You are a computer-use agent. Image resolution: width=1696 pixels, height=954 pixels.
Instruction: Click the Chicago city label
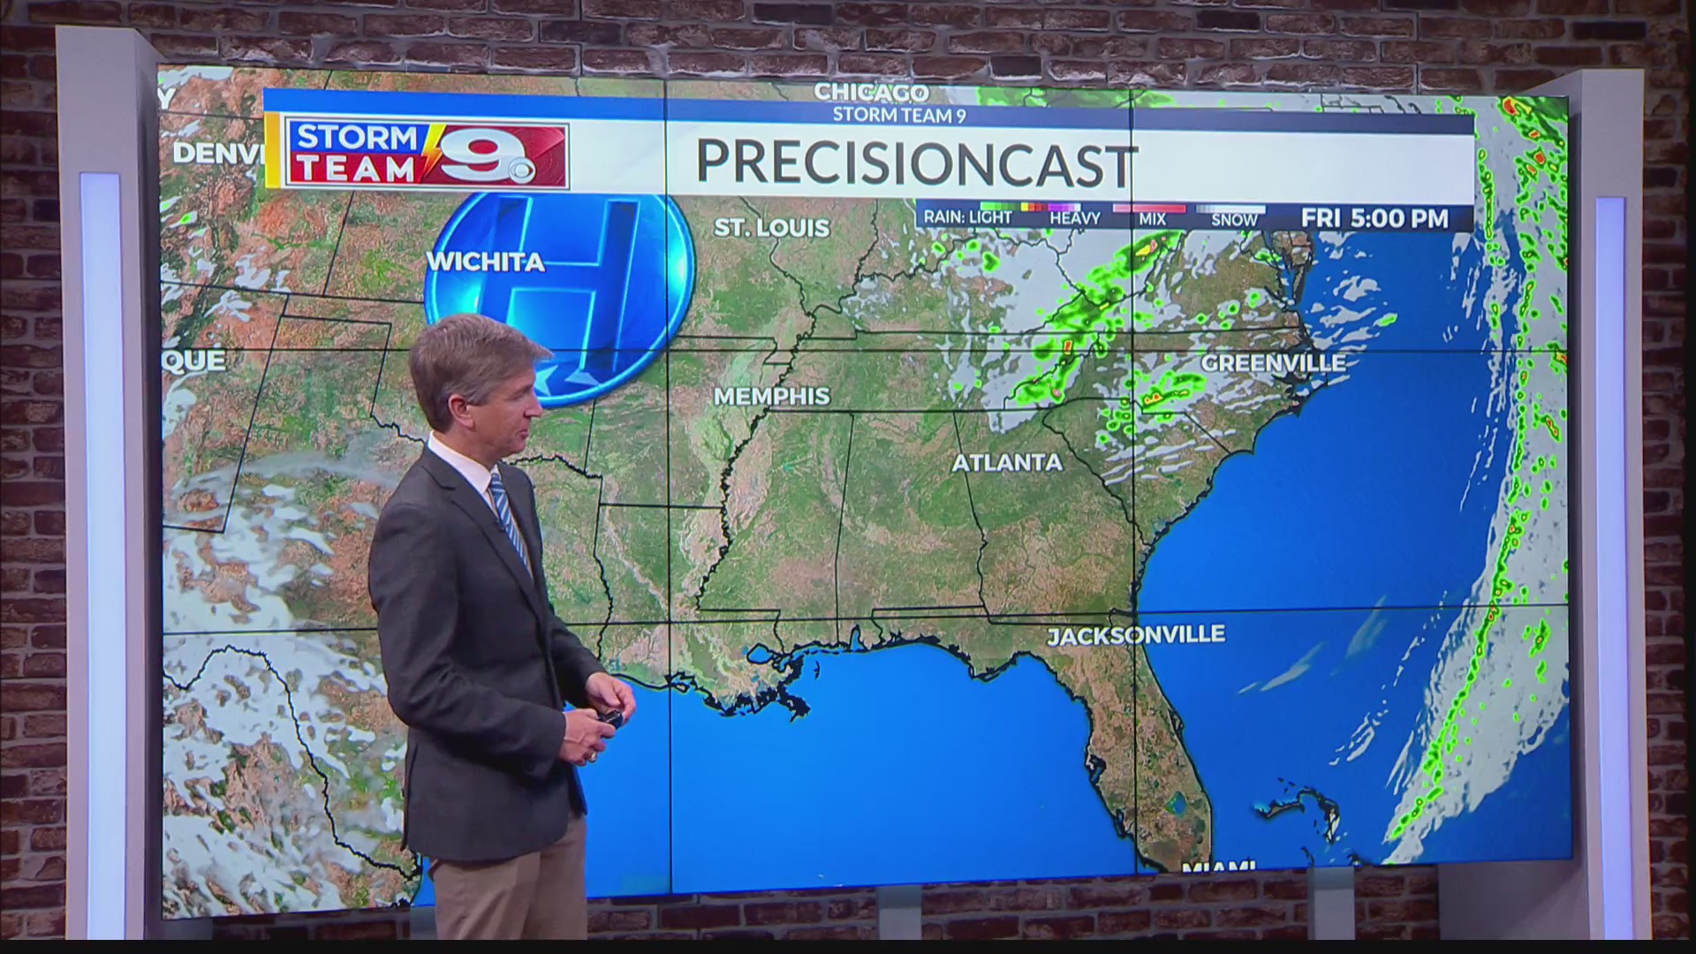[871, 92]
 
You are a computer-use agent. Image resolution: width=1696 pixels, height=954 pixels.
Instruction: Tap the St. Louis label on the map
[772, 228]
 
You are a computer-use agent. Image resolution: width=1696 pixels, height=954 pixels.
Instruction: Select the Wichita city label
[486, 262]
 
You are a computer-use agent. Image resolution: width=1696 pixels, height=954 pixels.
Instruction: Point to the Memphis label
[772, 397]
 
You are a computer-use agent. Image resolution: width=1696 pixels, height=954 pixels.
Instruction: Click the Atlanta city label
[1007, 462]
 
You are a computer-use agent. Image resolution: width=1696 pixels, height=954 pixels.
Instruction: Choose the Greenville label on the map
[1273, 363]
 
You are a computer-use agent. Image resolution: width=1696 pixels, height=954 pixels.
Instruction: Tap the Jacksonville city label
[1136, 635]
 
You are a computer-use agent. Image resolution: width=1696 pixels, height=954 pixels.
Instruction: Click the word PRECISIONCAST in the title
[915, 163]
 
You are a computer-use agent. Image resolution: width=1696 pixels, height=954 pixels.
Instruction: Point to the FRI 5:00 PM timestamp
[1374, 218]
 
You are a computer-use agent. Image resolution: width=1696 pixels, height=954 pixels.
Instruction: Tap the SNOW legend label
[1234, 220]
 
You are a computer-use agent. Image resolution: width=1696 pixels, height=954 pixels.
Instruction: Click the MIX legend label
[1152, 219]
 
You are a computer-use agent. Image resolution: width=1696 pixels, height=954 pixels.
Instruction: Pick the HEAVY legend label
[1074, 219]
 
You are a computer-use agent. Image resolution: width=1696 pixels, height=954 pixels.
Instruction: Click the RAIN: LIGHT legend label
[968, 217]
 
